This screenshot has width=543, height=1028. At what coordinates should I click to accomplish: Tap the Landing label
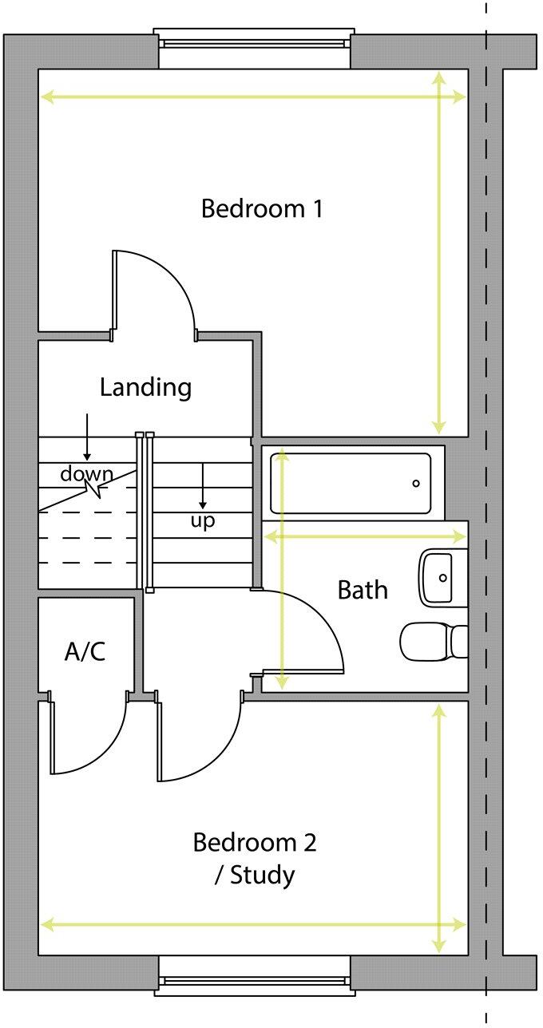(x=145, y=388)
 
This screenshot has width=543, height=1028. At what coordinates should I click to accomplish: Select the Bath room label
(x=363, y=591)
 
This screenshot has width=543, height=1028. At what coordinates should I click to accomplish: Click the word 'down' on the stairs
(x=86, y=474)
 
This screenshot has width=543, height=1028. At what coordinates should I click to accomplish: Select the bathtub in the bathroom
(x=351, y=484)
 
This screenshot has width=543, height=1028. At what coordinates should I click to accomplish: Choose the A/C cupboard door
(x=88, y=738)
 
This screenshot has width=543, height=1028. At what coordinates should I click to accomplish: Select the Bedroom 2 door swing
(x=200, y=742)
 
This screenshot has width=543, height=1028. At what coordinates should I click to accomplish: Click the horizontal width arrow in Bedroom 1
(x=240, y=97)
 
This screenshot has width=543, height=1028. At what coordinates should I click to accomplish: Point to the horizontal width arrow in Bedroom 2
(x=240, y=925)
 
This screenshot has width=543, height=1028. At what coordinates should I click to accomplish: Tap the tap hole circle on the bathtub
(x=415, y=484)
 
